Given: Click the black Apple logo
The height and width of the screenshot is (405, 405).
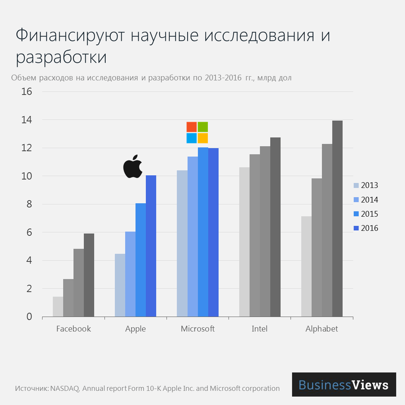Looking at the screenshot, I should (133, 166).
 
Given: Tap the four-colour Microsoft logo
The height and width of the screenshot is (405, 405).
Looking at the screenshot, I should (197, 132).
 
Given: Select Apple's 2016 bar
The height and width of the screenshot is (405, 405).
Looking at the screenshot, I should (151, 246).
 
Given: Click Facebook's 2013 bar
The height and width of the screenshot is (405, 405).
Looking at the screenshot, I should (58, 307).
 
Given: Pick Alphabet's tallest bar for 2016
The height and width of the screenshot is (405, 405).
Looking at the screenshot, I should (337, 219).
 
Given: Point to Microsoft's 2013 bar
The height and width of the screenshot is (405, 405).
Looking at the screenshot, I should (182, 243).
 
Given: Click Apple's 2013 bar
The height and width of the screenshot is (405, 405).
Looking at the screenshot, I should (120, 285).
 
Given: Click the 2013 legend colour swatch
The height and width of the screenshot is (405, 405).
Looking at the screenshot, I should (356, 185).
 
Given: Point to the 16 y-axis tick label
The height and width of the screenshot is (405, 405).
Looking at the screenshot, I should (27, 92).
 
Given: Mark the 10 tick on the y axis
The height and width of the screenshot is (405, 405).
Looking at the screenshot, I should (27, 176).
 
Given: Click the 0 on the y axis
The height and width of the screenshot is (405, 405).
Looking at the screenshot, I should (29, 317).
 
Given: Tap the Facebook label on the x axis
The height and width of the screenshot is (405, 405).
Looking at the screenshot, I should (73, 328).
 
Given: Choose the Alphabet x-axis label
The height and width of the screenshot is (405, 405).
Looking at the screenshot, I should (322, 328).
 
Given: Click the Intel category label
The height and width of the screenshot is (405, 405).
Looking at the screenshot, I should (260, 328).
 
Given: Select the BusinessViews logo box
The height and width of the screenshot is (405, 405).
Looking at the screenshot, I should (344, 384).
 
